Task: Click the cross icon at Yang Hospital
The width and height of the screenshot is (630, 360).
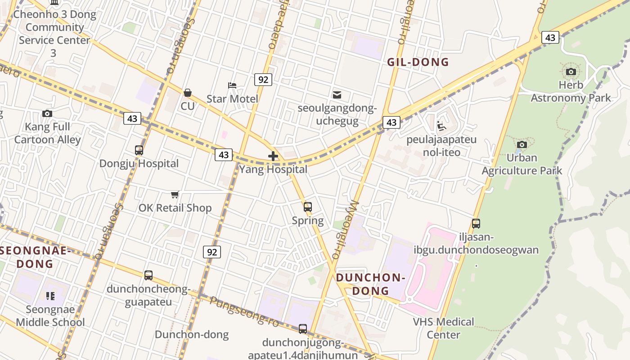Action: [273, 157]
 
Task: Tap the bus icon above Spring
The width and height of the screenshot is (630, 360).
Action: [308, 207]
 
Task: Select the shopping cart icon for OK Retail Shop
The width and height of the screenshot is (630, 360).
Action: [175, 194]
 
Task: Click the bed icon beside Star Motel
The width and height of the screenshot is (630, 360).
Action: [232, 85]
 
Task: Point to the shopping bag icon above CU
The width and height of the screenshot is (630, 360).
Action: [188, 93]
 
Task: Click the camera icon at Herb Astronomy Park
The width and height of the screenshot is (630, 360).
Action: [571, 72]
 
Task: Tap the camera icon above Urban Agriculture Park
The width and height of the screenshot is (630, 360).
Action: [522, 144]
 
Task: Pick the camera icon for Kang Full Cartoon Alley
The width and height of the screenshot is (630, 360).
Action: [47, 113]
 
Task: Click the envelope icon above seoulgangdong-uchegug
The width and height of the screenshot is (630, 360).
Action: [337, 94]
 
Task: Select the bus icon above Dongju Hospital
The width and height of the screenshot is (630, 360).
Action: [139, 150]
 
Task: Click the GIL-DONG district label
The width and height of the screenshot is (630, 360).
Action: [418, 62]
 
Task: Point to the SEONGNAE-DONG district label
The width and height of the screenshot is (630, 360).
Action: [35, 257]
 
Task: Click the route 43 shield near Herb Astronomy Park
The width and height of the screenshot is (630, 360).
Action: [550, 37]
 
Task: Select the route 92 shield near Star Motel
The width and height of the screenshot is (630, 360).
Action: [263, 80]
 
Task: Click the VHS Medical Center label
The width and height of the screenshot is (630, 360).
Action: [443, 328]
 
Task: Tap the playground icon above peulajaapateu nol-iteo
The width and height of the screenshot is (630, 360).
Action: [441, 126]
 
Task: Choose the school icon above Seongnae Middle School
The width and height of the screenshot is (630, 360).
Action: [50, 296]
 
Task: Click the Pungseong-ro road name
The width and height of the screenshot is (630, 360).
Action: [244, 311]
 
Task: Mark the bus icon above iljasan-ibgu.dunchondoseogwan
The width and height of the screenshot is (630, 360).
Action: [476, 223]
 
